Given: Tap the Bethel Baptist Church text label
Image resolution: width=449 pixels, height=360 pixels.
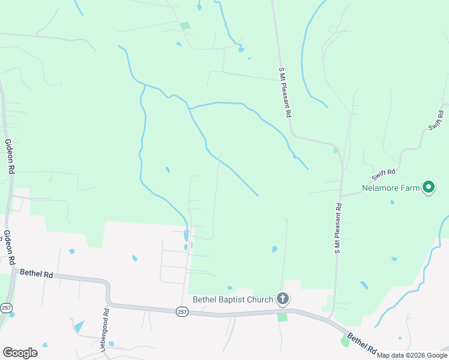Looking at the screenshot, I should pyautogui.click(x=232, y=299).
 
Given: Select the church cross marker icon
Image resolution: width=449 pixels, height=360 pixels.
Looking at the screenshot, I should pyautogui.click(x=283, y=299).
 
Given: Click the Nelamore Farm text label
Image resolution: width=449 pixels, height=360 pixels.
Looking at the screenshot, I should pyautogui.click(x=390, y=188).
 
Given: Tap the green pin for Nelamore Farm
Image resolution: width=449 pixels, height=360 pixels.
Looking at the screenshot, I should pyautogui.click(x=429, y=188).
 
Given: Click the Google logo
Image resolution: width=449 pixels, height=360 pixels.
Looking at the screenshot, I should pyautogui.click(x=20, y=353).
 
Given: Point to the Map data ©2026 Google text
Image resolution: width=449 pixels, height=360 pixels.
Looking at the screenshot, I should pyautogui.click(x=411, y=355).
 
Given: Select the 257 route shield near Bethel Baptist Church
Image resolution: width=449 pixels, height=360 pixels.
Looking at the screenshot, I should pyautogui.click(x=182, y=311).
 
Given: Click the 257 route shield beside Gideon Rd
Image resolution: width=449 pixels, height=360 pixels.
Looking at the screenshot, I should pyautogui.click(x=6, y=308).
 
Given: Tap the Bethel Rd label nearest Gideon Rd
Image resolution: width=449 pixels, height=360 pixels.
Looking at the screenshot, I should pyautogui.click(x=37, y=274).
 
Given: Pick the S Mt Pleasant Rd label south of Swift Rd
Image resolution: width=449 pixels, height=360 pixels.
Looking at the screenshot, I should pyautogui.click(x=338, y=228).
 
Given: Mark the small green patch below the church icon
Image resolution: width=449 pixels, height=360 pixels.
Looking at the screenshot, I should pyautogui.click(x=282, y=316).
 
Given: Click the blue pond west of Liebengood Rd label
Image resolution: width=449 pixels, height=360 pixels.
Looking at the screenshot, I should pyautogui.click(x=78, y=326).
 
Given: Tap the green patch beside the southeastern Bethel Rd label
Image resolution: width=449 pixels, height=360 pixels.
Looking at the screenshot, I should pyautogui.click(x=345, y=340).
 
